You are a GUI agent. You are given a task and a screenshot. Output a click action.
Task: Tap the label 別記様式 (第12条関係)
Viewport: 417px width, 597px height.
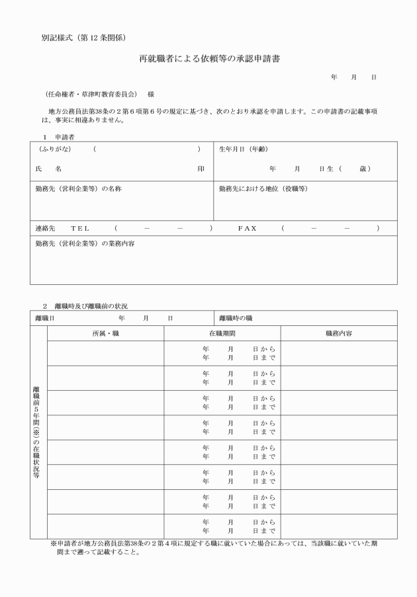(x=83, y=36)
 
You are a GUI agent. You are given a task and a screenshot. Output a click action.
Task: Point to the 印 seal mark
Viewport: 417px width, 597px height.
(x=201, y=169)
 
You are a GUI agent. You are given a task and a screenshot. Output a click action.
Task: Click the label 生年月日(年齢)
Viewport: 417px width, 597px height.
(x=244, y=150)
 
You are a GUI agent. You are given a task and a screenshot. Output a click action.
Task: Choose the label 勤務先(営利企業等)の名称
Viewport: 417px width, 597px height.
(x=78, y=189)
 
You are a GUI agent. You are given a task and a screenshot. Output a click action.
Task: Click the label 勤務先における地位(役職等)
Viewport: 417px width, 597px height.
(x=263, y=189)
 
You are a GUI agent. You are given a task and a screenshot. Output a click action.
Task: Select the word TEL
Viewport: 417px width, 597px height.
(x=80, y=228)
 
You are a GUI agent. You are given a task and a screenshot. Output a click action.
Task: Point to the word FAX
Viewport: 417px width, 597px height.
(x=247, y=228)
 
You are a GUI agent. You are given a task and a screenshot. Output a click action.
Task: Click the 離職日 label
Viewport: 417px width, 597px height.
(x=44, y=319)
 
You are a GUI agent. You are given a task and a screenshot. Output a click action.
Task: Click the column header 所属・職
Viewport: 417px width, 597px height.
(x=106, y=334)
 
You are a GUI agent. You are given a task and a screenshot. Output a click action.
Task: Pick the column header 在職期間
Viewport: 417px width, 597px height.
(x=222, y=334)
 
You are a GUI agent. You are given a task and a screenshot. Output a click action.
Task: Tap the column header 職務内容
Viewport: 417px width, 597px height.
(x=339, y=334)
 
